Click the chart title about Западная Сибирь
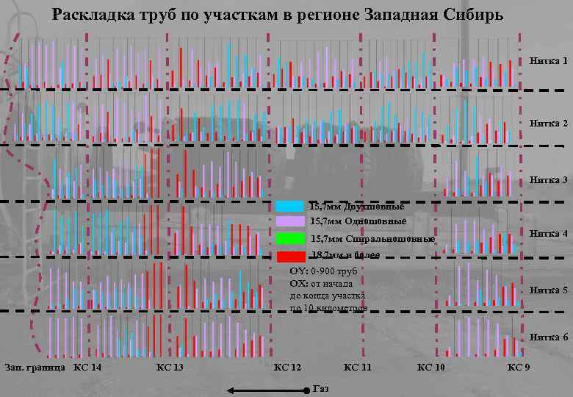pyautogui.click(x=278, y=15)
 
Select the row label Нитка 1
pyautogui.click(x=548, y=60)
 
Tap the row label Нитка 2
pyautogui.click(x=548, y=124)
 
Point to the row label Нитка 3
pyautogui.click(x=548, y=180)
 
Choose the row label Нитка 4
pyautogui.click(x=548, y=233)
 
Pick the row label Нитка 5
pyautogui.click(x=548, y=290)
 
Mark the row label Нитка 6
pyautogui.click(x=548, y=337)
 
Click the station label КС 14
pyautogui.click(x=87, y=367)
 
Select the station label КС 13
pyautogui.click(x=170, y=367)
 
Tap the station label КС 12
pyautogui.click(x=287, y=367)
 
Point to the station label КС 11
pyautogui.click(x=358, y=367)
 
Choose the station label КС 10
pyautogui.click(x=430, y=367)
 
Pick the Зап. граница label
pyautogui.click(x=35, y=367)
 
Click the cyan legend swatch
pyautogui.click(x=290, y=207)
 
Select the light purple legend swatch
pyautogui.click(x=290, y=221)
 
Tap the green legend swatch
pyautogui.click(x=290, y=239)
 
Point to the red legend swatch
pyautogui.click(x=290, y=256)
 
